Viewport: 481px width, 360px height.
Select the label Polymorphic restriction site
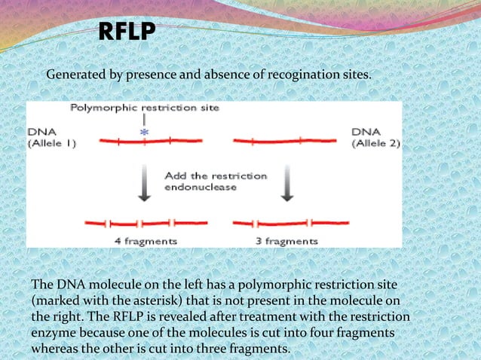pos(145,108)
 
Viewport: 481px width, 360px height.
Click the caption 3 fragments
pos(286,241)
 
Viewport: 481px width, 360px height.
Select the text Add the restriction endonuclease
pos(216,182)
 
